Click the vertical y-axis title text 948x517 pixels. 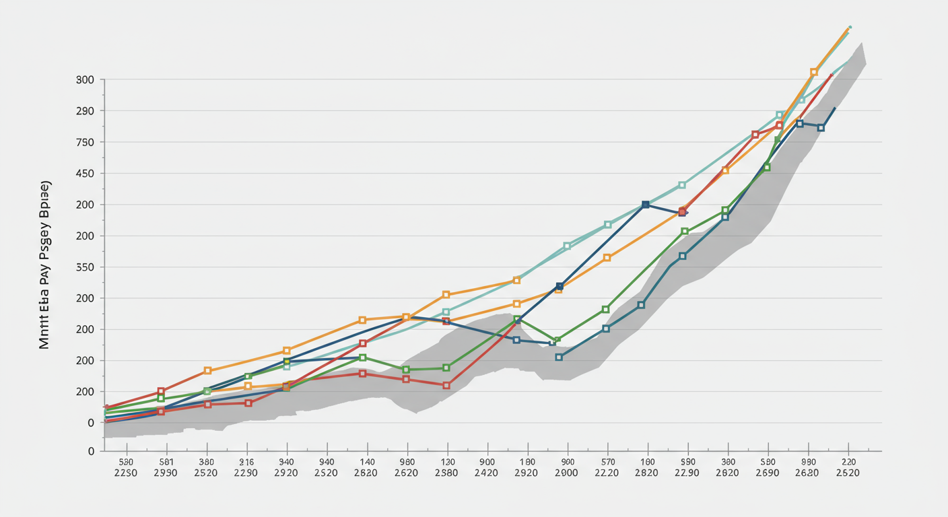[x=44, y=265]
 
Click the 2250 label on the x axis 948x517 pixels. [x=125, y=473]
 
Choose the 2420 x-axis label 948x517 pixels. [x=486, y=473]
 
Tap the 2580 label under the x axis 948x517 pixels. [x=446, y=473]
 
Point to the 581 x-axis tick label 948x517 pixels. [x=166, y=462]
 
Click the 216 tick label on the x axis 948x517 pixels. [x=246, y=462]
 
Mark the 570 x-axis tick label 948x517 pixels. [x=607, y=462]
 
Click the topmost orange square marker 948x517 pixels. [x=814, y=72]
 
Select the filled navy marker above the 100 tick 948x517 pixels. [x=646, y=205]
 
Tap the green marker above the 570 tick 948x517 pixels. [x=605, y=310]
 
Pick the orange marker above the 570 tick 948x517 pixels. [x=607, y=258]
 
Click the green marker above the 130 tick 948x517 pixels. [x=446, y=368]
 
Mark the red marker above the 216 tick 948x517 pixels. [x=248, y=403]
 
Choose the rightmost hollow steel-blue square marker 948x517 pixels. [x=821, y=127]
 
